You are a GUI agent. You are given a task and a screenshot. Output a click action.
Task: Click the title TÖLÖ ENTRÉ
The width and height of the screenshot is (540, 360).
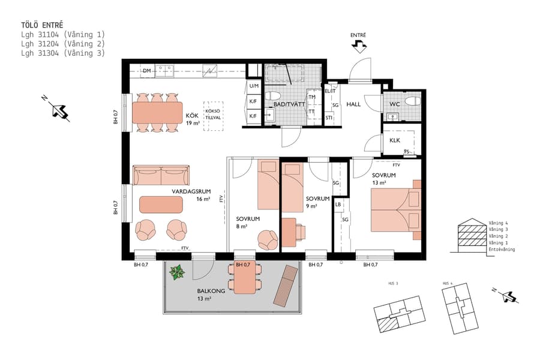pos(42,25)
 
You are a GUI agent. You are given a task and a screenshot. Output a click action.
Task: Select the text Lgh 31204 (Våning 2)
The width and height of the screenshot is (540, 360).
pos(62,44)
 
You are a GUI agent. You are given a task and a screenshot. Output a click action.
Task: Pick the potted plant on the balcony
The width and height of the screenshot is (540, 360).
pos(177,272)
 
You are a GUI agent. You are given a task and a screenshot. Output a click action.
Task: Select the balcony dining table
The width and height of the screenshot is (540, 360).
pos(245,279)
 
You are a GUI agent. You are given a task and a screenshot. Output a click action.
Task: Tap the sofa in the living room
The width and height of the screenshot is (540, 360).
pos(161,176)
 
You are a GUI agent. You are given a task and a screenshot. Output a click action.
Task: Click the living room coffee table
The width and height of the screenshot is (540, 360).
pos(161,205)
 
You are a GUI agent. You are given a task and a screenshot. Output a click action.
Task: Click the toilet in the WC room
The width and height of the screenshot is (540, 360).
pos(412,100)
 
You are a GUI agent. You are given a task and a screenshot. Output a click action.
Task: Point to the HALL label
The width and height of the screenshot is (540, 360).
pos(353,104)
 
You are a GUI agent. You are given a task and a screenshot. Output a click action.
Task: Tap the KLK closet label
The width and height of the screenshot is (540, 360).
pos(394,140)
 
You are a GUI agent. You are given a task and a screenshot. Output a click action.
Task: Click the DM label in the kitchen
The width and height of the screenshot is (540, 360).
pos(146,71)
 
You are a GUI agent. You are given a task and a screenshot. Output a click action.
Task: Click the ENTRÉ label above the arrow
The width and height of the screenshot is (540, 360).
pos(358,35)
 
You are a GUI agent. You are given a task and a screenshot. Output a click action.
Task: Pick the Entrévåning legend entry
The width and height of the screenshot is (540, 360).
pos(502,249)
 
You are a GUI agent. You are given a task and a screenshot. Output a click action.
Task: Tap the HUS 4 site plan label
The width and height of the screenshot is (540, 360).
pos(446,283)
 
